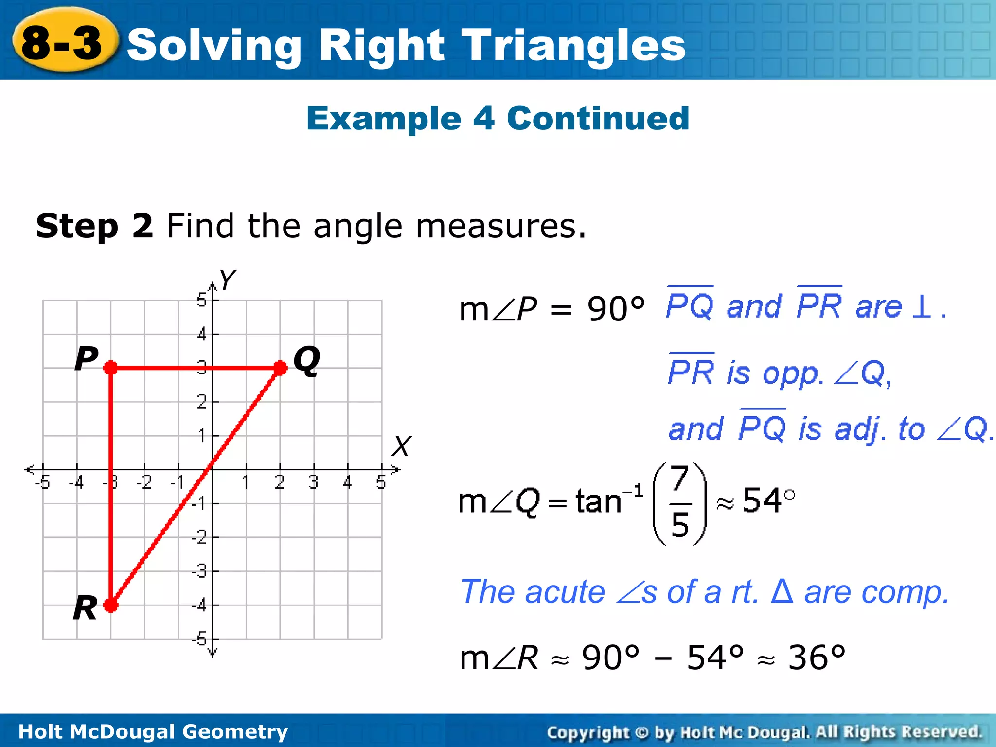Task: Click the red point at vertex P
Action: click(111, 368)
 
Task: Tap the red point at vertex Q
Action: click(281, 368)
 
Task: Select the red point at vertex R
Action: click(111, 605)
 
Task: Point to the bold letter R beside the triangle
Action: click(85, 608)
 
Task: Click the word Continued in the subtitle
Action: click(598, 119)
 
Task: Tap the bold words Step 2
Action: click(95, 226)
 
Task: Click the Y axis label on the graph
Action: click(227, 280)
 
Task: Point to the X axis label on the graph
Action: click(402, 446)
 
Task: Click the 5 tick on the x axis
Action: click(381, 482)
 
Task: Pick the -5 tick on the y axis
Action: click(199, 639)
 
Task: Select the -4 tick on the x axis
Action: click(76, 482)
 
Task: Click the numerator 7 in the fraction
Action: click(679, 479)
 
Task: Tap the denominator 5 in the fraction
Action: click(680, 525)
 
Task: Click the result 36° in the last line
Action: click(817, 658)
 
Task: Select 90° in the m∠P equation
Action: click(616, 309)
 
